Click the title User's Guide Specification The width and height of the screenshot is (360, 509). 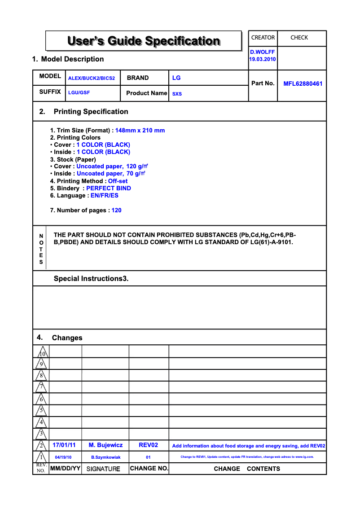143,41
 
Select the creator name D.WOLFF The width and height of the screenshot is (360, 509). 263,52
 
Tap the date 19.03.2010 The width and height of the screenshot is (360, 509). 263,59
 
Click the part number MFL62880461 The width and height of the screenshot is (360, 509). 303,83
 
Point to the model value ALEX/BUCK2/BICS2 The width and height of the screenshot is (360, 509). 92,78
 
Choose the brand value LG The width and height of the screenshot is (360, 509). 176,78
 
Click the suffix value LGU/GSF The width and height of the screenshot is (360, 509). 79,92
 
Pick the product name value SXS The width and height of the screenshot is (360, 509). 177,94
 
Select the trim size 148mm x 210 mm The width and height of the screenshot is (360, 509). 140,131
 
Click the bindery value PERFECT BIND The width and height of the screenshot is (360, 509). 109,189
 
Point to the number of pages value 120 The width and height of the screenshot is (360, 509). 117,211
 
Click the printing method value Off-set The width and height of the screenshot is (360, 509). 118,181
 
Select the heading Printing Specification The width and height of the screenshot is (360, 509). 91,112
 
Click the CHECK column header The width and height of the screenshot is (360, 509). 299,38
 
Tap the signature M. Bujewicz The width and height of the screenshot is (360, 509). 105,445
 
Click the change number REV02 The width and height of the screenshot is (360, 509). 148,445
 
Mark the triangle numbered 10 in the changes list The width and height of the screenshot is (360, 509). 42,352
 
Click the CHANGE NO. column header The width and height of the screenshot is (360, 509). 149,469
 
